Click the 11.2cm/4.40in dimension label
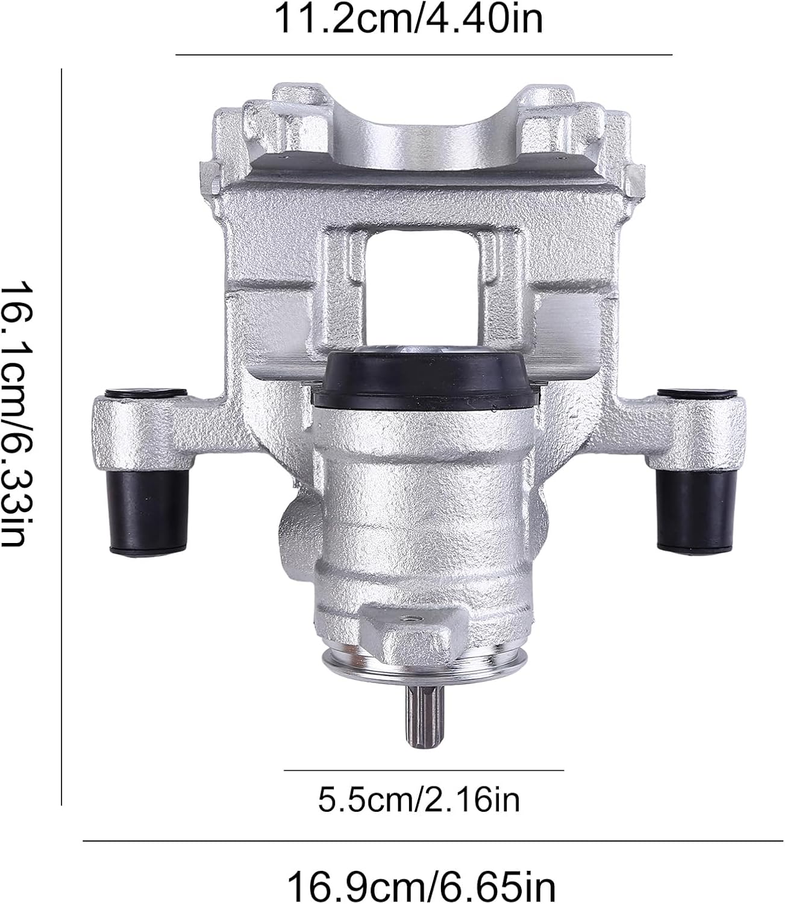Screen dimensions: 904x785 408,19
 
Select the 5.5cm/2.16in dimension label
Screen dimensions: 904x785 418,800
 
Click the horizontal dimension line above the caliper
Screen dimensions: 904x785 423,55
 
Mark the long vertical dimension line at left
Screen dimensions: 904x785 61,436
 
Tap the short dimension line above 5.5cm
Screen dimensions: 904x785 423,770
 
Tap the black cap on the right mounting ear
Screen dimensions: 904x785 698,395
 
